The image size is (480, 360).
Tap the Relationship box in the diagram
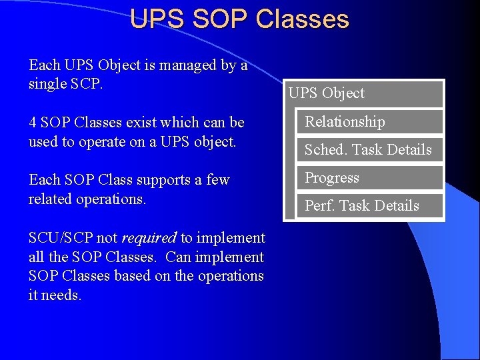(x=369, y=122)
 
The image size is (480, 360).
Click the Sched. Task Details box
(x=369, y=150)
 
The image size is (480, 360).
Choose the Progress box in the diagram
(x=369, y=178)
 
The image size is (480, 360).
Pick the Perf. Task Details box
(x=369, y=206)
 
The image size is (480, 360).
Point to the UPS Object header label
(x=327, y=93)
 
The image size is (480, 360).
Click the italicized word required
(x=149, y=238)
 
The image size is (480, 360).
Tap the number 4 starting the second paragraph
(x=33, y=123)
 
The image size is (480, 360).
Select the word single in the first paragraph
(x=47, y=84)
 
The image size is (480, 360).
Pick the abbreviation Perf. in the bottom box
(x=318, y=206)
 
